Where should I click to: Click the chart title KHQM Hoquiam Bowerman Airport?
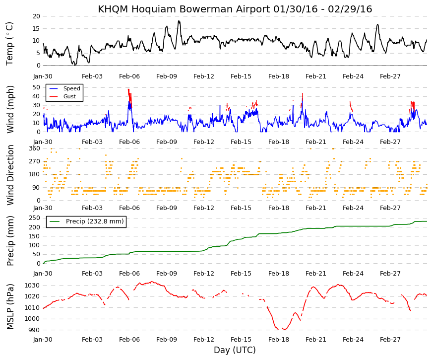(184, 9)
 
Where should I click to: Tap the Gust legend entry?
(63, 96)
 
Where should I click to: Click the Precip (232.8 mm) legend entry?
(86, 221)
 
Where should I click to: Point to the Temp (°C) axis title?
(9, 44)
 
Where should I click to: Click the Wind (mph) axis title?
(10, 110)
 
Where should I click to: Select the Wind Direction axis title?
(10, 175)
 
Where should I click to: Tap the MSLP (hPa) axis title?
(10, 306)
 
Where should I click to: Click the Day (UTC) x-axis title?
(235, 350)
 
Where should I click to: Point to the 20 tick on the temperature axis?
(36, 16)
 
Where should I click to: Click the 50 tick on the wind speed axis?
(36, 87)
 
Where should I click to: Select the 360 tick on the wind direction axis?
(35, 148)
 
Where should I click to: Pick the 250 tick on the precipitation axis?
(35, 218)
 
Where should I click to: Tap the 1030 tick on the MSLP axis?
(33, 285)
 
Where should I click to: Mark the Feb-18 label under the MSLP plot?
(279, 340)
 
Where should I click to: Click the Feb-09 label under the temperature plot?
(167, 76)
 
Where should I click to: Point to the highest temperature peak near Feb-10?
(179, 21)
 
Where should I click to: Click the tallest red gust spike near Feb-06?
(128, 89)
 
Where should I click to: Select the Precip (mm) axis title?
(10, 241)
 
